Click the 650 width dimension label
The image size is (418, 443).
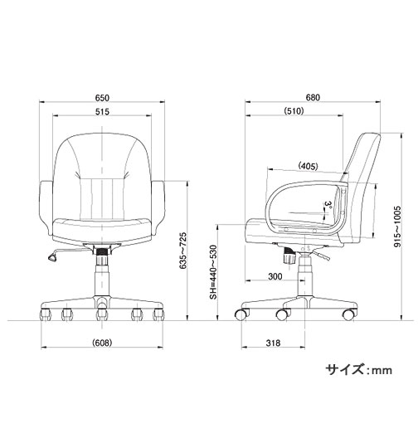pyautogui.click(x=102, y=98)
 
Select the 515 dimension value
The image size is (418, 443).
pyautogui.click(x=102, y=112)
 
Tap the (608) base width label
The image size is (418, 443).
pyautogui.click(x=102, y=343)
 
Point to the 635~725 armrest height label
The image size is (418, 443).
pyautogui.click(x=183, y=251)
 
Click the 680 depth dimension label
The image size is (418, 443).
pyautogui.click(x=313, y=97)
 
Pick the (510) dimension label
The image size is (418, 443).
pyautogui.click(x=294, y=111)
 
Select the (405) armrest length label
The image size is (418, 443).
pyautogui.click(x=309, y=166)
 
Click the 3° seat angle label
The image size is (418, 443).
pyautogui.click(x=328, y=205)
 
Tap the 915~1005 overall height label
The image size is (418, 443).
pyautogui.click(x=397, y=226)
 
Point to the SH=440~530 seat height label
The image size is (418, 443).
pyautogui.click(x=213, y=272)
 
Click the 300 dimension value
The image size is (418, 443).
pyautogui.click(x=275, y=276)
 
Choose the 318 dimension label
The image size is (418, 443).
pyautogui.click(x=273, y=343)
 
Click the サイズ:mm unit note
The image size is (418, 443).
pyautogui.click(x=358, y=369)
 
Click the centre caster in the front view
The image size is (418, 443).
pyautogui.click(x=102, y=314)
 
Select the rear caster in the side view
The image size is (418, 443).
pyautogui.click(x=349, y=314)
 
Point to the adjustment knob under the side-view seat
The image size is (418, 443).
pyautogui.click(x=289, y=256)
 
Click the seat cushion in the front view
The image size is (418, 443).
pyautogui.click(x=102, y=230)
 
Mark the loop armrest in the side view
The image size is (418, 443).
pyautogui.click(x=267, y=207)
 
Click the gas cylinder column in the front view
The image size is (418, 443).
pyautogui.click(x=102, y=275)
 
